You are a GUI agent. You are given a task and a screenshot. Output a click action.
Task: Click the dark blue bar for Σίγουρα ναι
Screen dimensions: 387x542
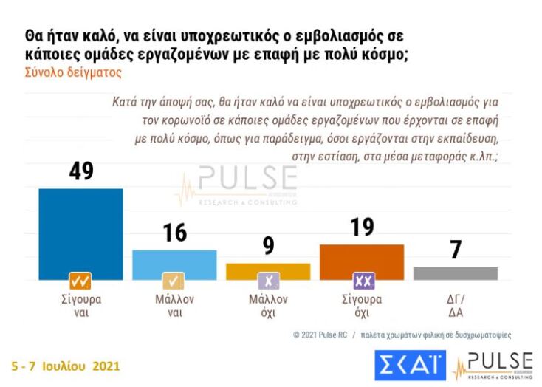[80, 233]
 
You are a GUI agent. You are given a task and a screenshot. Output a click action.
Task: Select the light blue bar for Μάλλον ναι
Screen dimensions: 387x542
[174, 264]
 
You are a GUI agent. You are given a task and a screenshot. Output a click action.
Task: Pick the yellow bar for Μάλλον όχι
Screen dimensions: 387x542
[268, 271]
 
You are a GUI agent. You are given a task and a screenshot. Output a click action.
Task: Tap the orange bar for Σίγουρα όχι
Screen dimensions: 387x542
[362, 261]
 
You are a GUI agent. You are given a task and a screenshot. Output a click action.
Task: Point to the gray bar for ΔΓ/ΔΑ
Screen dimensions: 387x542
[456, 273]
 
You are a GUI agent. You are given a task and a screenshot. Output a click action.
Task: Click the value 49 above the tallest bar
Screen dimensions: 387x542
[80, 171]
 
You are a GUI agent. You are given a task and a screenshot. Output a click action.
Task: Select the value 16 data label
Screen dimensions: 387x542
[174, 232]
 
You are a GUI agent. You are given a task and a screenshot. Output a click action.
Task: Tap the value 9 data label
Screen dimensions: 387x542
[268, 245]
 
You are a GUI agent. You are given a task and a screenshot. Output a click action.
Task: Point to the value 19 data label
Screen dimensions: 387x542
[362, 227]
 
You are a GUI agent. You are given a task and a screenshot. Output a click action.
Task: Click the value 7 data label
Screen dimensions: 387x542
[456, 250]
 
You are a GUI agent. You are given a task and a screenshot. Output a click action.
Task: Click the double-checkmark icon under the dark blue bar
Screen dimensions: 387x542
[80, 281]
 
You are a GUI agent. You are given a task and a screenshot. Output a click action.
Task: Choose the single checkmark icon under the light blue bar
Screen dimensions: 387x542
[174, 281]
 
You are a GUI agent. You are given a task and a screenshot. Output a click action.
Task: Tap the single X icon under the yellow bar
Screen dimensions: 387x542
[268, 281]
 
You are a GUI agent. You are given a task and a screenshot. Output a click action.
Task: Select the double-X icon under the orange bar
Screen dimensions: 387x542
[363, 281]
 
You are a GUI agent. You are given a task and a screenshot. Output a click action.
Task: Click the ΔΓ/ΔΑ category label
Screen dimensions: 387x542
[456, 306]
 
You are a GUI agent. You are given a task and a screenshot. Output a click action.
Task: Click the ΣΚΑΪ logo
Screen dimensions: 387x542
[409, 366]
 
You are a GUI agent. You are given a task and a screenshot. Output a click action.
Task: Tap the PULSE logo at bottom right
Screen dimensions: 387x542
[493, 366]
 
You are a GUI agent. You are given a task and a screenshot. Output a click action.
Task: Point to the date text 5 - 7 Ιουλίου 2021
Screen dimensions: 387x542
[65, 366]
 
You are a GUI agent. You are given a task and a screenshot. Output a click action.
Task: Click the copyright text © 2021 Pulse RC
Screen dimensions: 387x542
[319, 335]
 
